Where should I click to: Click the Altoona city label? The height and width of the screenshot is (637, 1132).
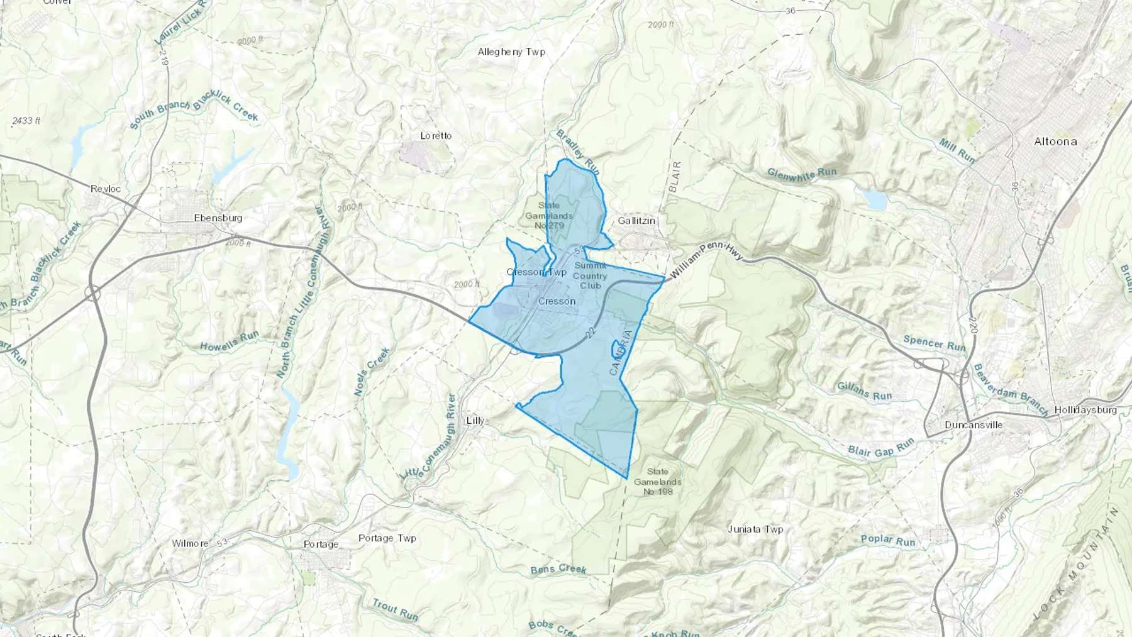pos(1055,141)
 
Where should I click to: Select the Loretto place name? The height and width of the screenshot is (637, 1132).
pos(436,136)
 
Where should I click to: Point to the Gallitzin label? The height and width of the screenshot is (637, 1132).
pos(636,221)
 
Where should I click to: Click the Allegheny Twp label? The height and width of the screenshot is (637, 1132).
pos(511,52)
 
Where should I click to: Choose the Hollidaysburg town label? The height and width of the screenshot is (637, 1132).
pos(1085,410)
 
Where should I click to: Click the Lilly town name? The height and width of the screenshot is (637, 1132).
pos(475,420)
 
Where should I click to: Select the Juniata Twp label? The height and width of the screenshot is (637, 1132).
pos(755,529)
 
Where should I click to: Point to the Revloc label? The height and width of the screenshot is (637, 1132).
pos(105,189)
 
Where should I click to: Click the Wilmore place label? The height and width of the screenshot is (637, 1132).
pos(190,543)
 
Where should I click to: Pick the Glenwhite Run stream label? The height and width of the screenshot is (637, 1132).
pos(802,174)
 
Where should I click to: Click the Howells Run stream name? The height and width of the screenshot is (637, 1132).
pos(230,342)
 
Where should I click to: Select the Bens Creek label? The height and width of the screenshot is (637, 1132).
pos(558,569)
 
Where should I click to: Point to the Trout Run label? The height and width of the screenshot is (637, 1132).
pos(395,609)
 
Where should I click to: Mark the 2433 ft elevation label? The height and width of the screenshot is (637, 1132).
pos(26,120)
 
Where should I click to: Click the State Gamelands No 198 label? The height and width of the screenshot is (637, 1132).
pos(658,481)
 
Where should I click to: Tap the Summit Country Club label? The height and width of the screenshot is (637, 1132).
pos(590,275)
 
